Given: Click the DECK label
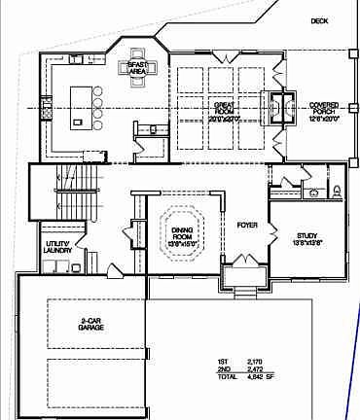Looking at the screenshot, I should tap(319, 21).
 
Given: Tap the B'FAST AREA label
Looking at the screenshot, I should tap(135, 68).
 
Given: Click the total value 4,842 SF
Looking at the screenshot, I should tap(263, 377).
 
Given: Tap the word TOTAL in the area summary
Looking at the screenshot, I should tap(227, 377).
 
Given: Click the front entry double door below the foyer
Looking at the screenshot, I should tap(244, 284).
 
